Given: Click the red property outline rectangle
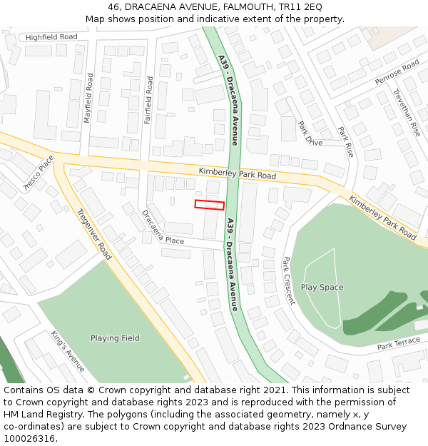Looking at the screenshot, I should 210,205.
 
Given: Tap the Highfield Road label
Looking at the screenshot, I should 51,37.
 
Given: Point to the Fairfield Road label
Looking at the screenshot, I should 149,100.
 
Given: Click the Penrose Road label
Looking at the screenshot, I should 397,74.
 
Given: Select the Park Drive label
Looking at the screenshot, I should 310,133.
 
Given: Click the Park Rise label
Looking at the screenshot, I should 346,143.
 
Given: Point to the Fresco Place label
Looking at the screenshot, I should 39,174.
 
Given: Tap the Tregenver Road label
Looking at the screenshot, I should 94,233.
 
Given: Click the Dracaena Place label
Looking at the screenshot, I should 163,228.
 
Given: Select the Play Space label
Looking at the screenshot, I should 322,288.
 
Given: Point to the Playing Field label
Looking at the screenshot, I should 115,338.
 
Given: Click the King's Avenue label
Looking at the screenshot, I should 68,351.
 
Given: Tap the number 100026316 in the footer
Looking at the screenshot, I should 29,439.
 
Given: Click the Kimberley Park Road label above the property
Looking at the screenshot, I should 238,173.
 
